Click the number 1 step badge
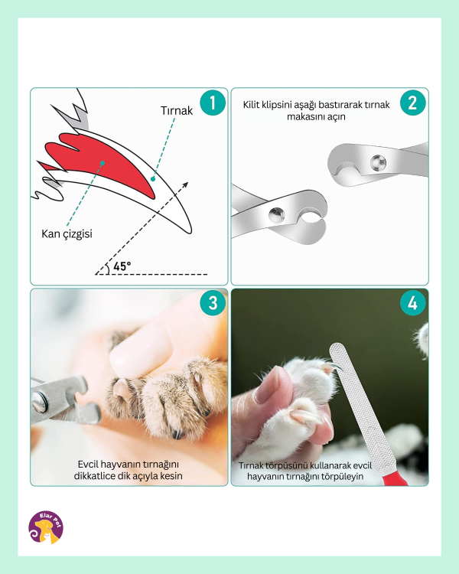[213, 103]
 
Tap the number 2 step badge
[413, 103]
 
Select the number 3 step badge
[213, 303]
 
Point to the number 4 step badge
[413, 303]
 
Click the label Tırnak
[177, 110]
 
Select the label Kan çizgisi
[67, 234]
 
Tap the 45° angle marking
[122, 266]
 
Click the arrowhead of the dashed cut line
[185, 184]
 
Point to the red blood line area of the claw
[99, 161]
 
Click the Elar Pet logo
[46, 527]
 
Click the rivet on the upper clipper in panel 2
[378, 162]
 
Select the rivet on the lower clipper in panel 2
[276, 215]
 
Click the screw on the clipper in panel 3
[39, 402]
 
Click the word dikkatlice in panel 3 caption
[93, 476]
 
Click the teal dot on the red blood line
[103, 163]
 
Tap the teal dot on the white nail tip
[153, 178]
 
